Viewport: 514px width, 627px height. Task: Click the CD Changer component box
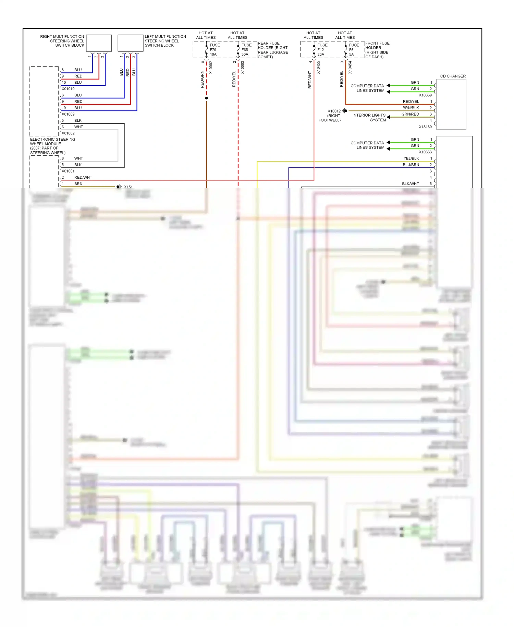451,105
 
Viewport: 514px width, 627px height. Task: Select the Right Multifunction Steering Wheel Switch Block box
99,43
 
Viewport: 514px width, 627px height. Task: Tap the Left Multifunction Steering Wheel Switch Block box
130,43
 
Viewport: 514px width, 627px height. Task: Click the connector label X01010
68,89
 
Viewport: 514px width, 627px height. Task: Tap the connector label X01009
68,114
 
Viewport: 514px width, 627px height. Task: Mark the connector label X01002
68,133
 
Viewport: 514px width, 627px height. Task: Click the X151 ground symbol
119,187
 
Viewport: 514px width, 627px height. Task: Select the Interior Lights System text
369,118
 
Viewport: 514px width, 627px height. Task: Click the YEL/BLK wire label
411,158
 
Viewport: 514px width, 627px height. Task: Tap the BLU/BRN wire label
411,165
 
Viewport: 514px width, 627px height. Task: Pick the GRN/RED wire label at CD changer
410,114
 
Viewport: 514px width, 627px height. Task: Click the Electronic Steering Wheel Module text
52,146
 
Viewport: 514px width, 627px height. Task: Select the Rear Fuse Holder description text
272,50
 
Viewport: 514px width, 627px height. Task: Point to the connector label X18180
425,127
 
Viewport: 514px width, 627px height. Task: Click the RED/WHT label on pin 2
83,177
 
